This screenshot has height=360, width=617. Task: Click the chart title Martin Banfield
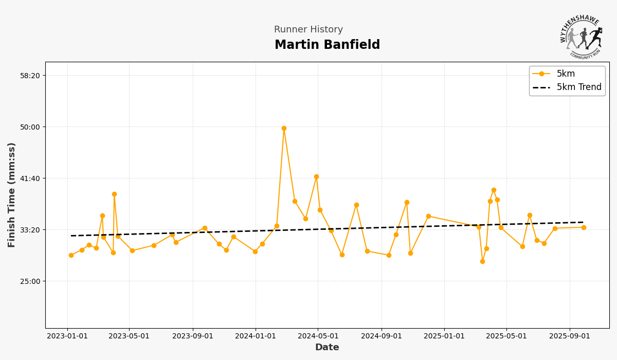[327, 45]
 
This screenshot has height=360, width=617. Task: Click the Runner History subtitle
[308, 30]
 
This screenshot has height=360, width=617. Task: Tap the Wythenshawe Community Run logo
[582, 37]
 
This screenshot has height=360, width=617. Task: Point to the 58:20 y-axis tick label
[29, 76]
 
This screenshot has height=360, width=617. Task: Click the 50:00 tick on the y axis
[29, 127]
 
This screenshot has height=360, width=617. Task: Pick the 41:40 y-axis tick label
[29, 178]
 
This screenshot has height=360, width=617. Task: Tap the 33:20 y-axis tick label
[29, 230]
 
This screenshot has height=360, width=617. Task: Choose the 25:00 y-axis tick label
[29, 281]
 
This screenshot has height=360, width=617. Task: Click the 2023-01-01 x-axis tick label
[67, 336]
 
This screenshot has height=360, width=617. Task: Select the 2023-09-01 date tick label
[193, 336]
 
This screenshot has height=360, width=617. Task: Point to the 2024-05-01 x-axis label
[318, 336]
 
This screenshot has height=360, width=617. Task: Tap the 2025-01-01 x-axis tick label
[444, 336]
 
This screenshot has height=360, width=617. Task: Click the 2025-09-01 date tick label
[570, 336]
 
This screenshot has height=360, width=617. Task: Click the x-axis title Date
[327, 348]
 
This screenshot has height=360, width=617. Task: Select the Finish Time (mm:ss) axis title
[12, 195]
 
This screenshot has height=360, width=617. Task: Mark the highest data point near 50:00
[284, 128]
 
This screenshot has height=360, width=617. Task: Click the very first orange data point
[71, 255]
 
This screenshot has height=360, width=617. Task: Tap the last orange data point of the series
[584, 227]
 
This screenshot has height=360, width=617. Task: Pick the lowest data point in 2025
[482, 261]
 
